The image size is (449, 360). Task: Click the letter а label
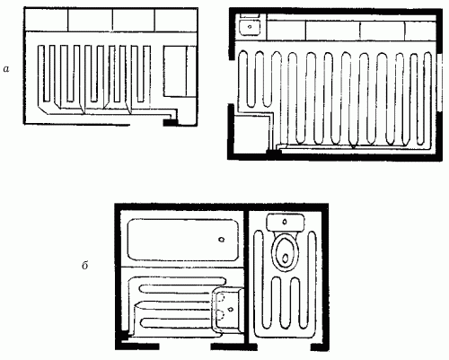pos(6,69)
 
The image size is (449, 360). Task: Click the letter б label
pos(85,265)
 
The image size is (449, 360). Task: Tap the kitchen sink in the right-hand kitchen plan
pos(250,27)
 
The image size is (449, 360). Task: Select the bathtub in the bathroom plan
pos(183,240)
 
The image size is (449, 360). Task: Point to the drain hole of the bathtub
pos(222,240)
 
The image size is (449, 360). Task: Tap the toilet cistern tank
pos(286,222)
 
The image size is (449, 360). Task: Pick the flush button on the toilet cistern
pos(285,222)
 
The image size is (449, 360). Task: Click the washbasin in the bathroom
pos(227,310)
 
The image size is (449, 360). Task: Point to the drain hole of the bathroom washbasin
pos(230,309)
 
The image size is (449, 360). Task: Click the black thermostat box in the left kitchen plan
pos(170,122)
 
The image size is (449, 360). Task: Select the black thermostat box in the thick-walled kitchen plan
pos(274,152)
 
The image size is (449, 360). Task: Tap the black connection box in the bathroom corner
pos(124,335)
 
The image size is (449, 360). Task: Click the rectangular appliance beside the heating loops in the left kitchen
pos(180,71)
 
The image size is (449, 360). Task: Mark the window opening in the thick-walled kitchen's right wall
pos(439,83)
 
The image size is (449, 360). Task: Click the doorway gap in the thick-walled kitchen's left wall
pos(232,82)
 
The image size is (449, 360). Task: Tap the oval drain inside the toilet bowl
pos(286,258)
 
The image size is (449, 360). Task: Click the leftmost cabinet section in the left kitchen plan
pos(47,20)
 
